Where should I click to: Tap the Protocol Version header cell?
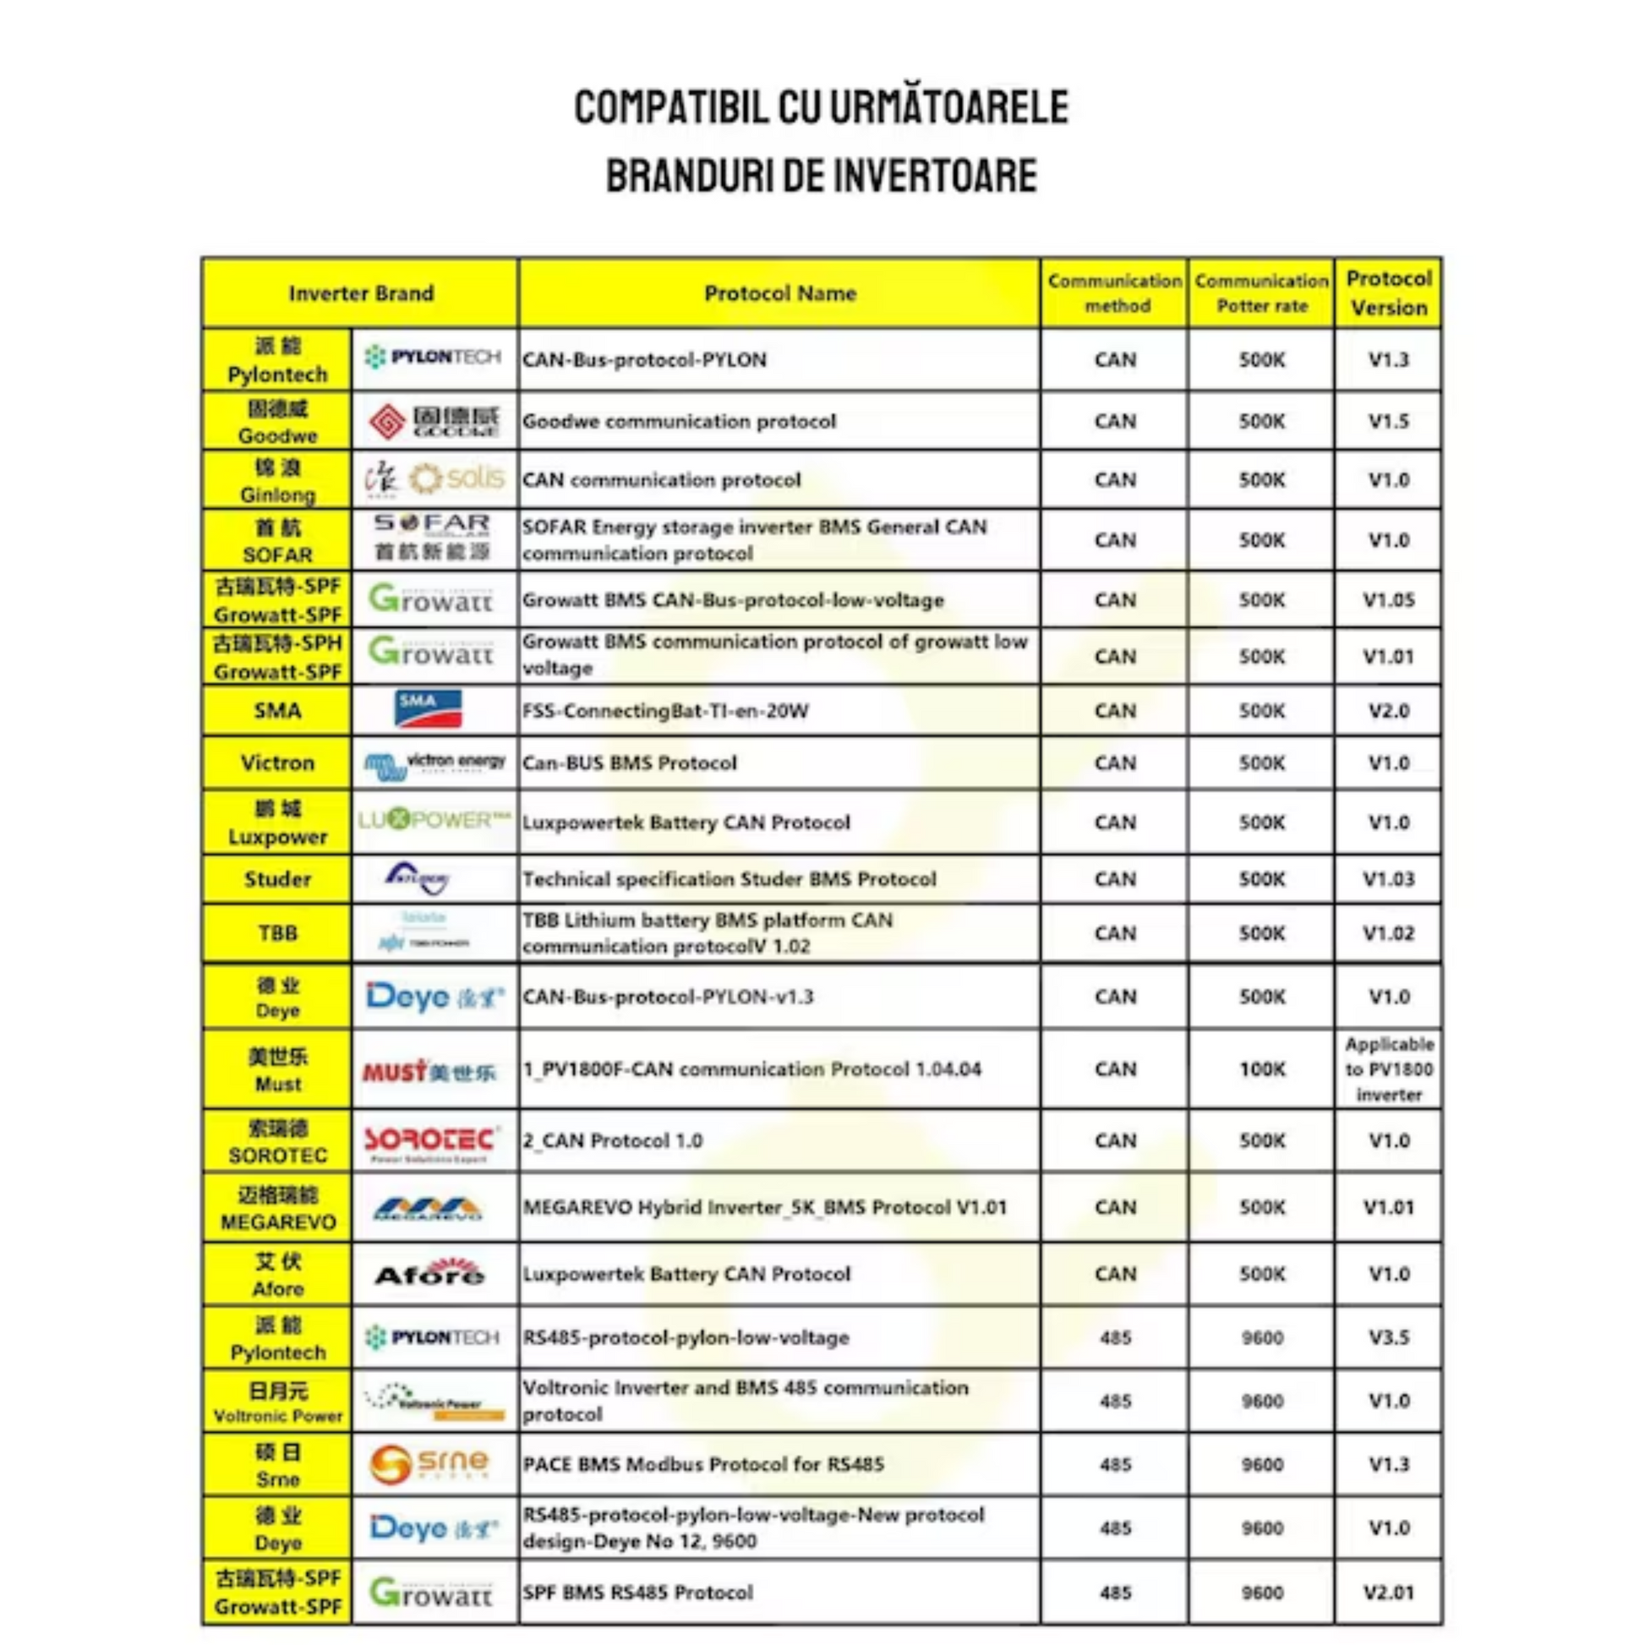coord(1388,292)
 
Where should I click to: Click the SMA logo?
coord(429,709)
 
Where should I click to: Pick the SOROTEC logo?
coord(431,1142)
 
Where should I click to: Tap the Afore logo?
coord(430,1274)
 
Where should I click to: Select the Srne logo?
coord(430,1464)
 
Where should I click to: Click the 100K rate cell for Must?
coord(1261,1069)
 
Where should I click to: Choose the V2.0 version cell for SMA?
coord(1388,711)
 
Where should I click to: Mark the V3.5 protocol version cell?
coord(1388,1337)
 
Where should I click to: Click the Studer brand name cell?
coord(277,879)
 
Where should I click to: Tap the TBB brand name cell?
coord(277,934)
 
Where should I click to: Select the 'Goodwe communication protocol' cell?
coord(680,422)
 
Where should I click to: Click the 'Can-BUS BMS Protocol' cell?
coord(629,762)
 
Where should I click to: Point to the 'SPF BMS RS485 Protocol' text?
coord(637,1593)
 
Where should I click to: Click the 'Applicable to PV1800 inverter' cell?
coord(1388,1069)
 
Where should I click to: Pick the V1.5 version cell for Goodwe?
coord(1388,422)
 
